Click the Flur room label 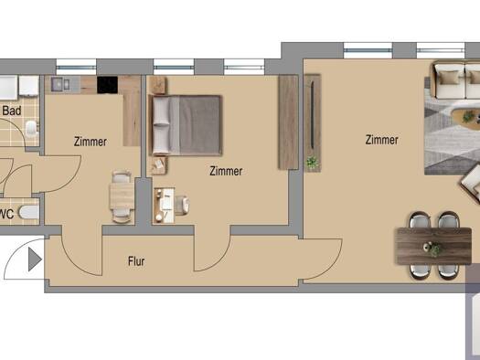point(136,261)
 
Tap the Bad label point(12,111)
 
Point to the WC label point(6,214)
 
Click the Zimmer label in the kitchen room point(91,142)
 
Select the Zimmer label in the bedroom point(226,171)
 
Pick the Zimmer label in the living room point(382,140)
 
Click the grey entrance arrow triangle point(35,259)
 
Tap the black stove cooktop point(108,85)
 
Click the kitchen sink point(60,84)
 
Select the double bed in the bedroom point(186,125)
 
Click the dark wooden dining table point(433,246)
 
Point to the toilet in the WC point(28,212)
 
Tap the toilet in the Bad point(32,129)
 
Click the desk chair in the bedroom point(182,205)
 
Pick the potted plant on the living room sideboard point(313,162)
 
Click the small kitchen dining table point(122,196)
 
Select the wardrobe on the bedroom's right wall point(288,122)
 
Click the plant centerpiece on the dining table point(432,248)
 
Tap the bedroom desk point(164,206)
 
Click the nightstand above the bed point(158,85)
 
